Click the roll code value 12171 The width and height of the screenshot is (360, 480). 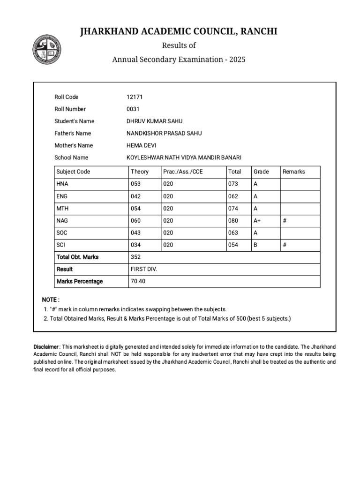pyautogui.click(x=135, y=97)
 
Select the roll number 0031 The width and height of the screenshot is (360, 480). pyautogui.click(x=133, y=109)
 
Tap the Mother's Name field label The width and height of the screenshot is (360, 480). pyautogui.click(x=74, y=145)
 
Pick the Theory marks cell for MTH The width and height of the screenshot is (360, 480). pyautogui.click(x=136, y=208)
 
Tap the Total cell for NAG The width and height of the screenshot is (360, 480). pyautogui.click(x=233, y=220)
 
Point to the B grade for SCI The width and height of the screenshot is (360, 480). pyautogui.click(x=255, y=245)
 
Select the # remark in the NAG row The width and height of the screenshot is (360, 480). pyautogui.click(x=285, y=220)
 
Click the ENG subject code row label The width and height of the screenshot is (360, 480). pyautogui.click(x=62, y=196)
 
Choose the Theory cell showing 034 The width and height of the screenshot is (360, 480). pyautogui.click(x=136, y=245)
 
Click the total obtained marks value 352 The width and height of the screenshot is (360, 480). pyautogui.click(x=136, y=257)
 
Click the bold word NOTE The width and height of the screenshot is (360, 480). pyautogui.click(x=50, y=300)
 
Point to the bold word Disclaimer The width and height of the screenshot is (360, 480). pyautogui.click(x=46, y=346)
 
